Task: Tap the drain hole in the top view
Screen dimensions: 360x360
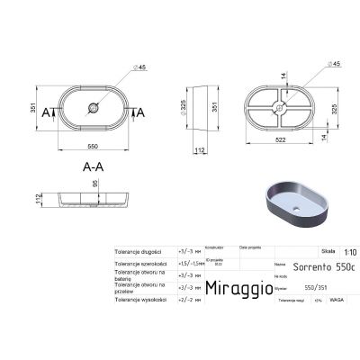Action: click(93, 111)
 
